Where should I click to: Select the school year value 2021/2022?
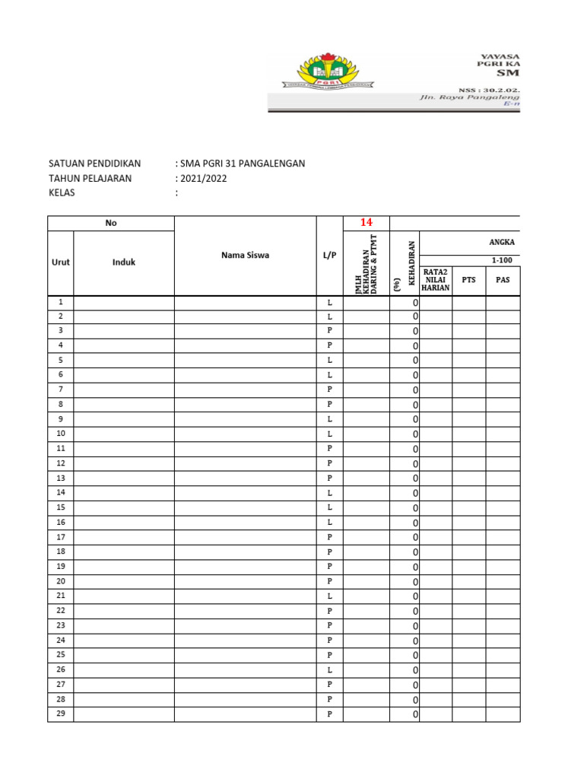[203, 178]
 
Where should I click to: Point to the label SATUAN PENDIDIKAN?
[94, 164]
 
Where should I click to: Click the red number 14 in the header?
[367, 222]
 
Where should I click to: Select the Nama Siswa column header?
[245, 256]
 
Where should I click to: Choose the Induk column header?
[124, 262]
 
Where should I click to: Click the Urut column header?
[61, 262]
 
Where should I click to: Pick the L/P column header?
[330, 256]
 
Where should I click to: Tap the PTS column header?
[469, 280]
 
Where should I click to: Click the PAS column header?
[503, 280]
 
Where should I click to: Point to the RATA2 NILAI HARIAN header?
[436, 279]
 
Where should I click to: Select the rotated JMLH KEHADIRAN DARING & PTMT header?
[367, 263]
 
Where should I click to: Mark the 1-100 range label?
[503, 260]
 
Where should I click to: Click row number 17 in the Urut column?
[61, 537]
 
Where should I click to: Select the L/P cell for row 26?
[330, 670]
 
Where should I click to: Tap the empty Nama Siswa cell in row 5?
[245, 360]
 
